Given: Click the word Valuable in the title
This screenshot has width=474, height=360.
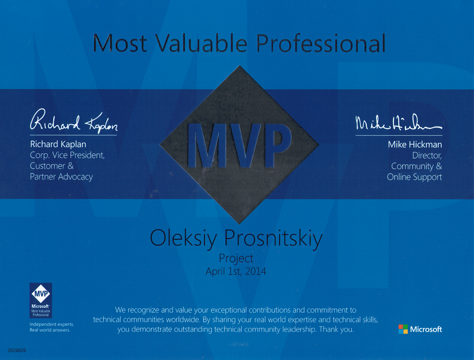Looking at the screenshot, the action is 202,43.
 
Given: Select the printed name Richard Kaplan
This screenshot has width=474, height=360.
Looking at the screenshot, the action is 58,144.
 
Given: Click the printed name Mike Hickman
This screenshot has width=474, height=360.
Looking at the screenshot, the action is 415,144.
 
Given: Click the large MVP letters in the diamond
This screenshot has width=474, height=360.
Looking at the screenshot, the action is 240,145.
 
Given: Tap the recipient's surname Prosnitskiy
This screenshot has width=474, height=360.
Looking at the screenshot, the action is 273,238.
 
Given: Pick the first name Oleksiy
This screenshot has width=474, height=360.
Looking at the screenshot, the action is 183,238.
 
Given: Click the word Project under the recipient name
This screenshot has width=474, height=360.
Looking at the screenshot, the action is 236,258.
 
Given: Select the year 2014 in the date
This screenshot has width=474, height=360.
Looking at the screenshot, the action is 256,271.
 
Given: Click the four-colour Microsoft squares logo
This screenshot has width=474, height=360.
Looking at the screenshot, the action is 403,329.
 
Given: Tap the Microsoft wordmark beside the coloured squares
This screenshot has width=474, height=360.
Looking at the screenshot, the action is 426,329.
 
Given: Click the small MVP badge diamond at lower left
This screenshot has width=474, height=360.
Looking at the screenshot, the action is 41,293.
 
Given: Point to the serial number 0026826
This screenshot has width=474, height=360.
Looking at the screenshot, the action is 17,351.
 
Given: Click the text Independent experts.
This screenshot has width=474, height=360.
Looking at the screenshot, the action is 52,324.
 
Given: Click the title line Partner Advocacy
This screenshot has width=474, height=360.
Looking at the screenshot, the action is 62,177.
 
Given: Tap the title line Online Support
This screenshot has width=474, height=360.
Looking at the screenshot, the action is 414,177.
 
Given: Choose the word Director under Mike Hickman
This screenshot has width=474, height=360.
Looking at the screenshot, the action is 427,156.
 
